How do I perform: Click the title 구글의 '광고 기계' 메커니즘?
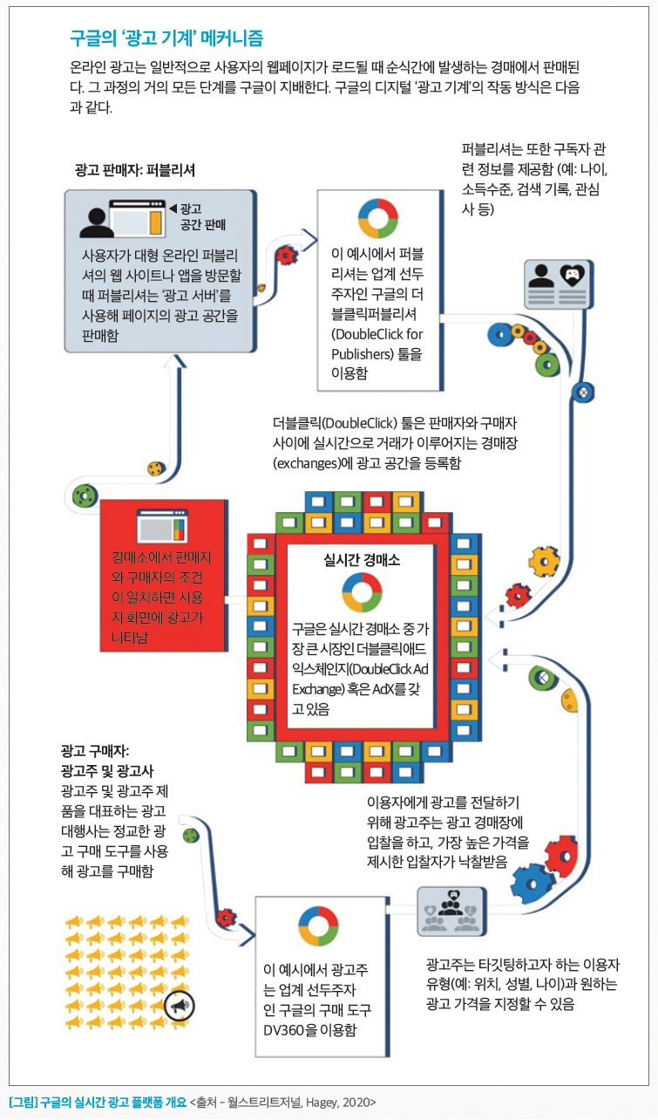(166, 38)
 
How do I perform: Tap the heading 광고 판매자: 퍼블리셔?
(135, 170)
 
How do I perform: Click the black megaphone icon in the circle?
(180, 1006)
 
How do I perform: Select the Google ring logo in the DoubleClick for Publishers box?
(378, 218)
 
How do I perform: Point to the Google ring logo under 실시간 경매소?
(362, 592)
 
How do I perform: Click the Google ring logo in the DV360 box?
(318, 926)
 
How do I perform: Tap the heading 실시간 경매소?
(362, 560)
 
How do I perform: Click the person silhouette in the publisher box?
(96, 223)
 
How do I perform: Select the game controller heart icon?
(572, 275)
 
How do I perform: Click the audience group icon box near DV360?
(451, 911)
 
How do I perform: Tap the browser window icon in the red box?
(162, 526)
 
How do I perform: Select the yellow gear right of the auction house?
(544, 562)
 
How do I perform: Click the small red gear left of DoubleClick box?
(286, 255)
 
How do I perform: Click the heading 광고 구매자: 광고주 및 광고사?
(107, 761)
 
